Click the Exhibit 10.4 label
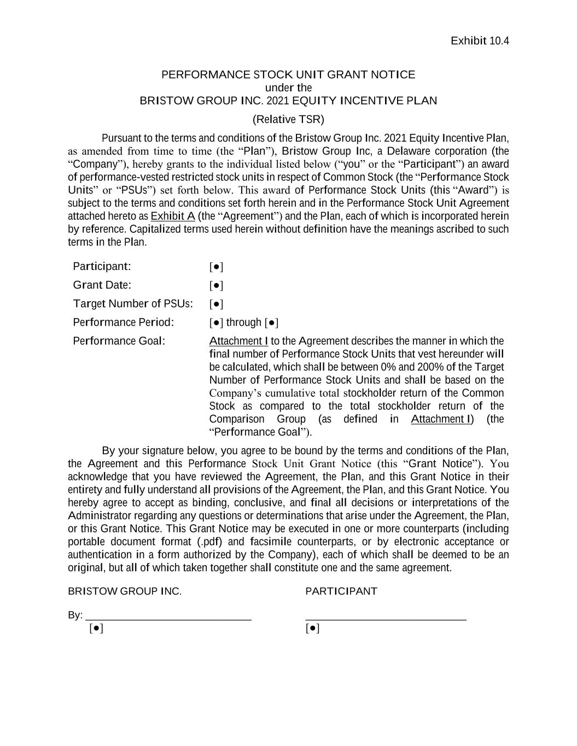(480, 41)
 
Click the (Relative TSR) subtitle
(288, 119)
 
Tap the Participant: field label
(102, 266)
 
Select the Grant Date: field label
(102, 285)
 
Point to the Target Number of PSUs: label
(133, 303)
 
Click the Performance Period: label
(123, 322)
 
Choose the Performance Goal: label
(119, 341)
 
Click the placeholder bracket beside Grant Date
(216, 285)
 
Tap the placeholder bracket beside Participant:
(216, 267)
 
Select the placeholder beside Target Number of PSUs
(216, 304)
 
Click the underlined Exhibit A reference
(173, 216)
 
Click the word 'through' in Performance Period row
(244, 322)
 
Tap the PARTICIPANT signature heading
(341, 591)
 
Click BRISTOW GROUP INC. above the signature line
(125, 591)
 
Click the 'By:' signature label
(75, 615)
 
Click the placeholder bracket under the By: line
(96, 628)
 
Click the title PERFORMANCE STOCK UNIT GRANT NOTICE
(288, 74)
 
